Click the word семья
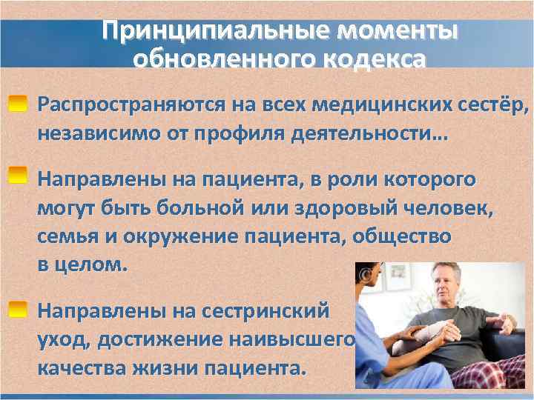point(66,238)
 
